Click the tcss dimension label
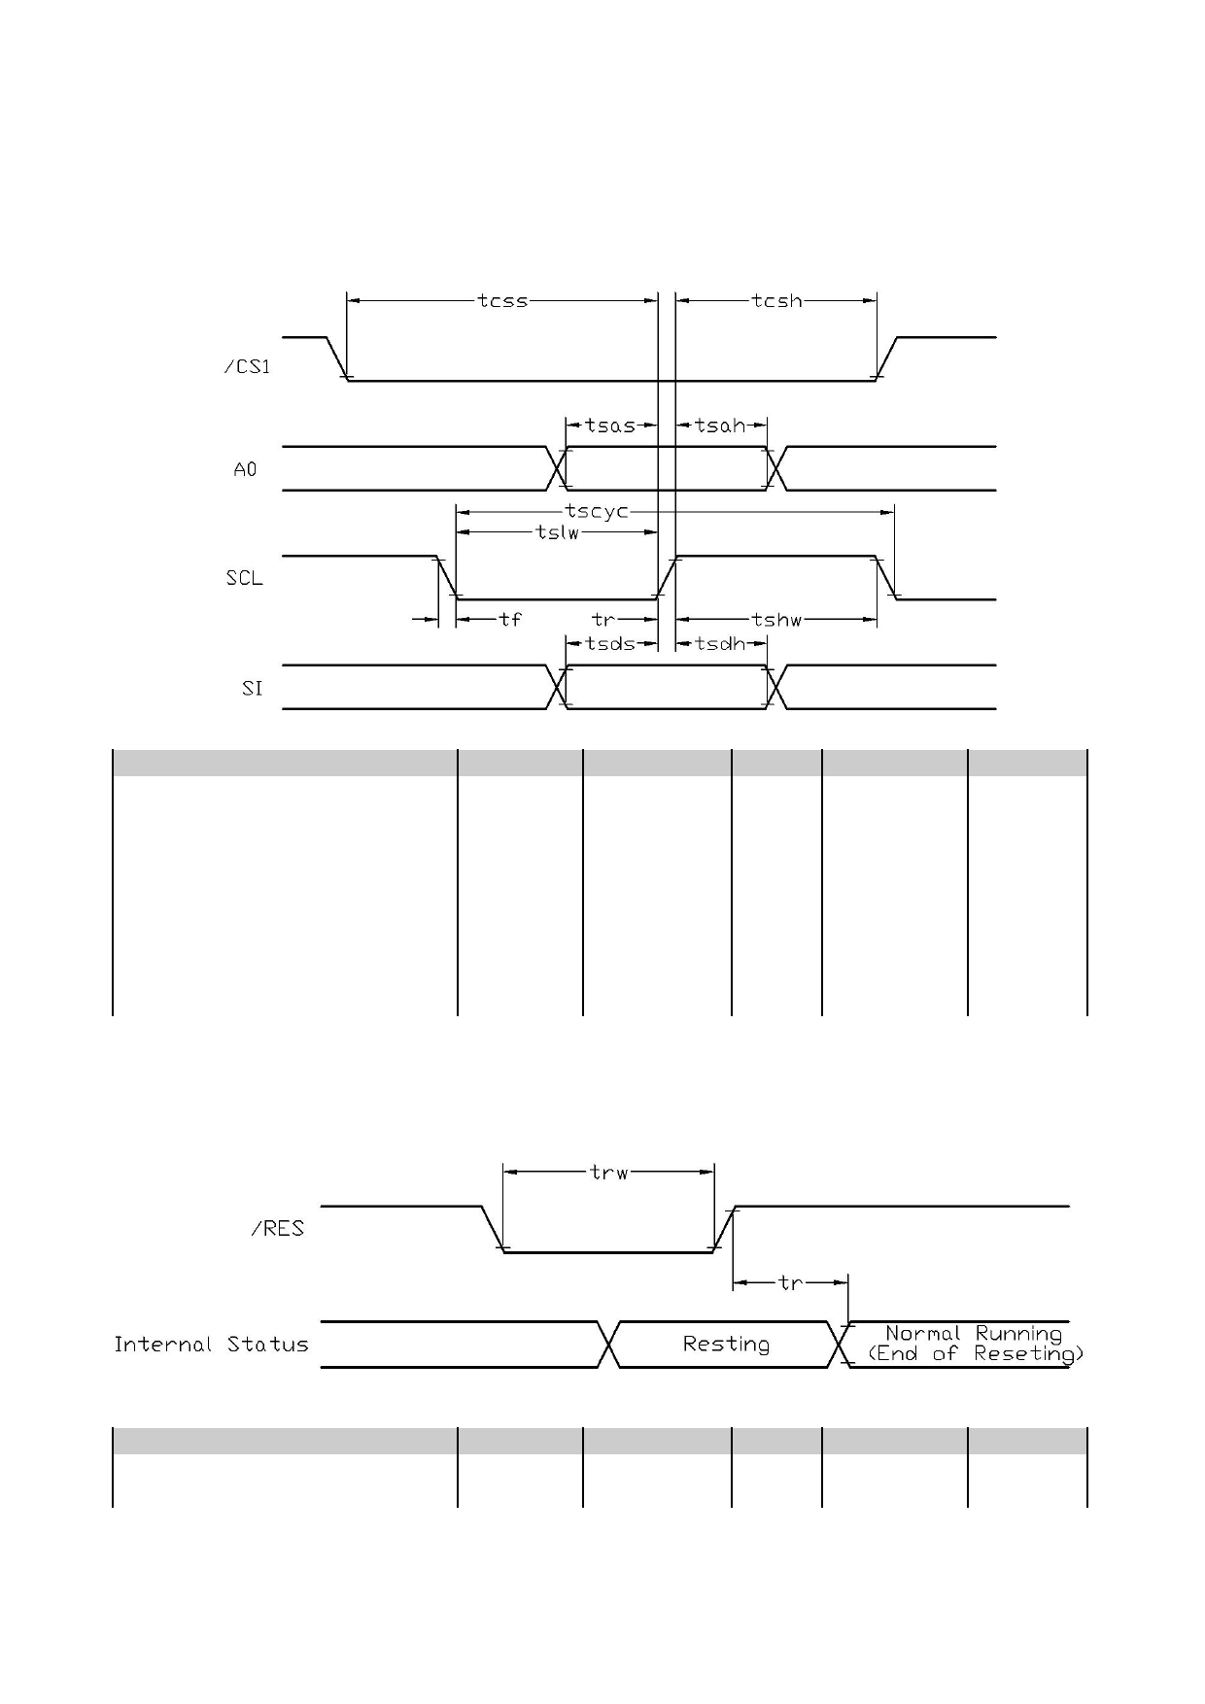tap(502, 301)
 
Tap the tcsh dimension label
tap(777, 301)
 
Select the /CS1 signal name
tap(248, 367)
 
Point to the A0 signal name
tap(246, 469)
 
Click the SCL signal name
tap(245, 578)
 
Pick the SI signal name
tap(253, 689)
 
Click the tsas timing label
tap(610, 426)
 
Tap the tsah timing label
tap(720, 426)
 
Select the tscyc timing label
tap(597, 512)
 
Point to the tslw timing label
tap(558, 531)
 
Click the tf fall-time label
tap(510, 619)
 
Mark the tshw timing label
tap(776, 619)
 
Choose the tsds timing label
tap(610, 643)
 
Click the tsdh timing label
tap(720, 643)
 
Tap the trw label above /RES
tap(609, 1173)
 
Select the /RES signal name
tap(278, 1229)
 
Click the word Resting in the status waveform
tap(726, 1345)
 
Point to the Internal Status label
tap(211, 1345)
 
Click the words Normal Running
tap(974, 1334)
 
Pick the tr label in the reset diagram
tap(791, 1283)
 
